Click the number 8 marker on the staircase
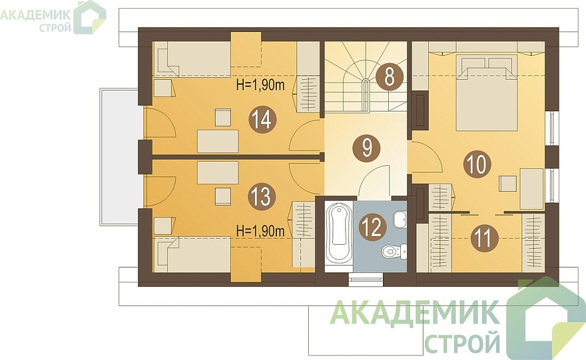pyautogui.click(x=389, y=77)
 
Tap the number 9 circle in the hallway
pyautogui.click(x=367, y=148)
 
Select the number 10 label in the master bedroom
pyautogui.click(x=477, y=164)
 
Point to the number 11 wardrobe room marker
pyautogui.click(x=484, y=238)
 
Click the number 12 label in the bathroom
pyautogui.click(x=372, y=228)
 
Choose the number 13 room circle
pyautogui.click(x=262, y=196)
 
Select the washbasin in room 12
pyautogui.click(x=400, y=219)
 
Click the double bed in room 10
pyautogui.click(x=487, y=92)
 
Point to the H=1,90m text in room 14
pyautogui.click(x=260, y=85)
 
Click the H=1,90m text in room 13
pyautogui.click(x=260, y=231)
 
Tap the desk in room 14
pyautogui.click(x=218, y=141)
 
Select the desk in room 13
pyautogui.click(x=218, y=172)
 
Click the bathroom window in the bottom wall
pyautogui.click(x=366, y=279)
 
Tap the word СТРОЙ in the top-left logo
pyautogui.click(x=55, y=28)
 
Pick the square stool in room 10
pyautogui.click(x=508, y=184)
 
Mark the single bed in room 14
pyautogui.click(x=193, y=59)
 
